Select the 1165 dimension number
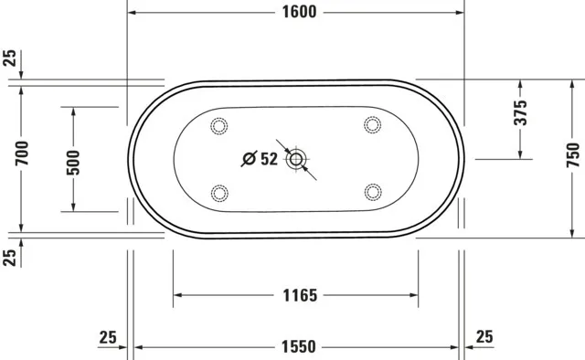pyautogui.click(x=297, y=295)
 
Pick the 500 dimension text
pyautogui.click(x=74, y=160)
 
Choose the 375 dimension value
pyautogui.click(x=520, y=113)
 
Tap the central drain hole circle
pyautogui.click(x=295, y=160)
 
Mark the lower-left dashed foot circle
pyautogui.click(x=219, y=192)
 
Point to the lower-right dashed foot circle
pyautogui.click(x=371, y=192)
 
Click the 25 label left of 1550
pyautogui.click(x=108, y=337)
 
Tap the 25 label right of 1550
pyautogui.click(x=484, y=337)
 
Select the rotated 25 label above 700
pyautogui.click(x=10, y=59)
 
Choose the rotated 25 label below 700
pyautogui.click(x=10, y=258)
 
